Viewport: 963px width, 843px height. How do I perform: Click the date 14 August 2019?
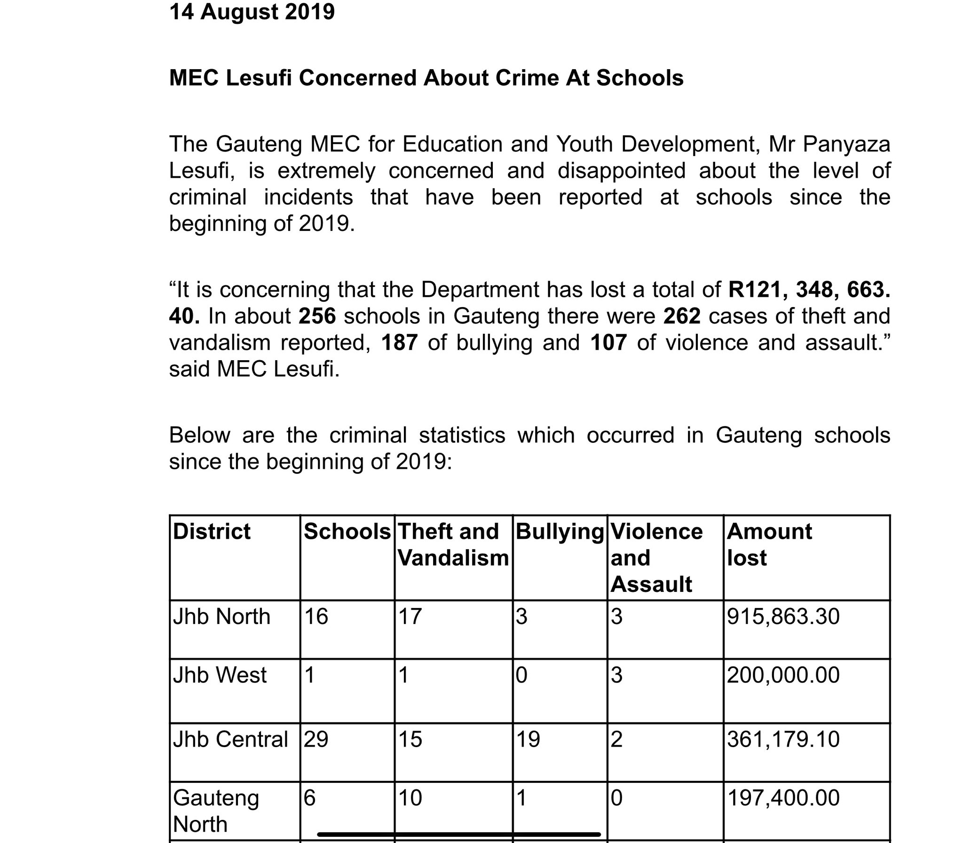[x=252, y=12]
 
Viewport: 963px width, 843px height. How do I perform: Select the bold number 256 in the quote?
[x=317, y=316]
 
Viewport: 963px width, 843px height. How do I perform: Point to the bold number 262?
[x=682, y=316]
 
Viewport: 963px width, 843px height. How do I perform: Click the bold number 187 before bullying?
[x=399, y=342]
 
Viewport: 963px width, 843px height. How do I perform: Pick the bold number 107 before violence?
[x=608, y=342]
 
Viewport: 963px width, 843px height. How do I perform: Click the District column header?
[x=212, y=532]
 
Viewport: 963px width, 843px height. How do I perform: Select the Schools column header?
[x=347, y=532]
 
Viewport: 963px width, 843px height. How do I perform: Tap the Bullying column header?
[x=560, y=532]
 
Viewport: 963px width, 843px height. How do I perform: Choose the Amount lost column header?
[x=769, y=544]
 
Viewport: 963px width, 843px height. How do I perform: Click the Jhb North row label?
[x=221, y=617]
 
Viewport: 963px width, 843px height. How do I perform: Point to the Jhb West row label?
[x=220, y=676]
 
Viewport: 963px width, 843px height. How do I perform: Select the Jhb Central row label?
[x=230, y=739]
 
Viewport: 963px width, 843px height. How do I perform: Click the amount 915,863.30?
[x=783, y=617]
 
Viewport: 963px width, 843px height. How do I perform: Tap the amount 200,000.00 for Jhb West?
[x=783, y=676]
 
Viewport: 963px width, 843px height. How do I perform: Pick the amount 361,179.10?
[x=783, y=739]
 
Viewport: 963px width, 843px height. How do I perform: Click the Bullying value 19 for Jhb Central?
[x=528, y=739]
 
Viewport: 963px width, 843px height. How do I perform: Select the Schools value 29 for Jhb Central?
[x=316, y=739]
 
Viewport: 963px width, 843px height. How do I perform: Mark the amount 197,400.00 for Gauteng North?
[x=783, y=798]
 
